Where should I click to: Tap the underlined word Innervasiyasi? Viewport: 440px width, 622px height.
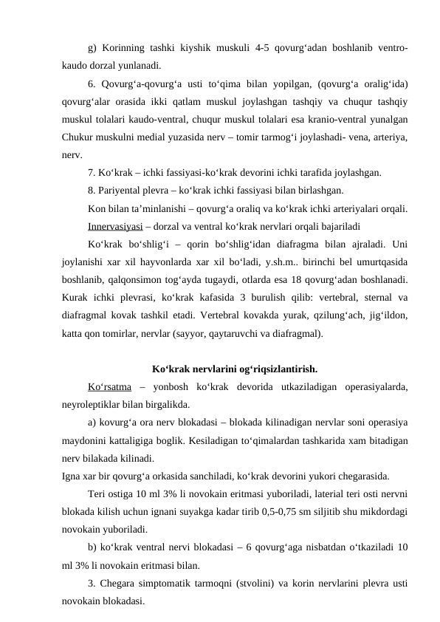(111, 219)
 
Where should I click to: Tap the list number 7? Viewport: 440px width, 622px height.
(90, 173)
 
